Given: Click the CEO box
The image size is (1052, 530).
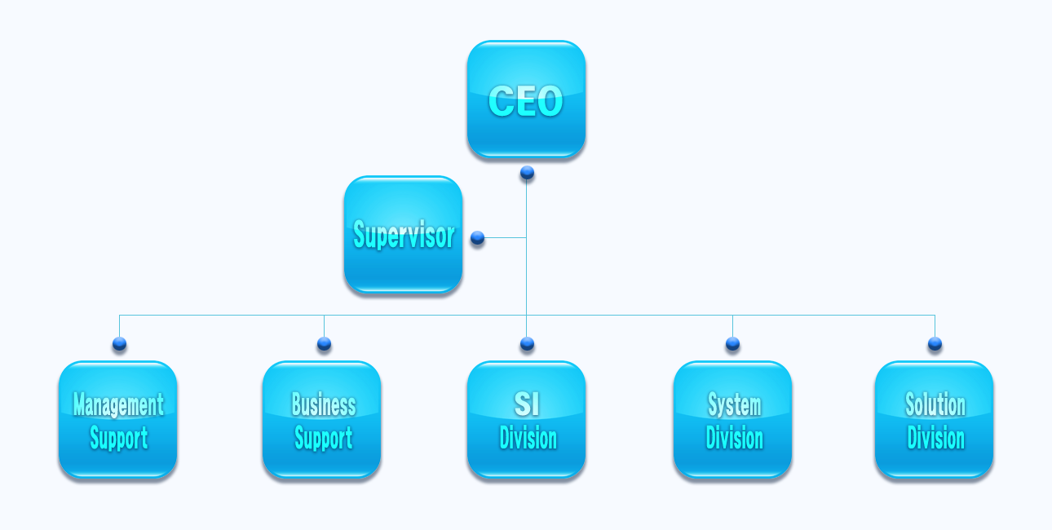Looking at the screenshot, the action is (526, 99).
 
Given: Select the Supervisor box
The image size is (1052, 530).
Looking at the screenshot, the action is (403, 235).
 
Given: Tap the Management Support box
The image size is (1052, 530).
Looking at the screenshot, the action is (118, 420).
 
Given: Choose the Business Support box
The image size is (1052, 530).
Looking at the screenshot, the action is (321, 420).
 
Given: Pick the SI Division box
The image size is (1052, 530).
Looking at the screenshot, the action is (526, 420).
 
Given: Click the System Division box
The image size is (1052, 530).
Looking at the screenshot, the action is (732, 420).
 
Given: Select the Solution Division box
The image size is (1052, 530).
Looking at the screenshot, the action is (934, 420).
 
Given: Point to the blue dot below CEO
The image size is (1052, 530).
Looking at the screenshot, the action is (527, 173).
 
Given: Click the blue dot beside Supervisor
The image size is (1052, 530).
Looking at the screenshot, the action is (477, 237).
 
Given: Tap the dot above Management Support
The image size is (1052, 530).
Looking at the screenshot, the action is (119, 344).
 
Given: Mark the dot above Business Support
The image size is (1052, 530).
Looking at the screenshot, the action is (324, 344).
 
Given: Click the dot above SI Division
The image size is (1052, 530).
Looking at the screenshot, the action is (527, 344).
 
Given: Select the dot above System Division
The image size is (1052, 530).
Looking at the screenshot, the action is (732, 344).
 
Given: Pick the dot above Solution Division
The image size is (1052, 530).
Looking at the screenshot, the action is (935, 344).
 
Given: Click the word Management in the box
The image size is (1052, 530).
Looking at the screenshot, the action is (118, 404).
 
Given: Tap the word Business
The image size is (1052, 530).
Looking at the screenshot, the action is (324, 404).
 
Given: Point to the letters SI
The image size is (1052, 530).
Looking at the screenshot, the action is (527, 404).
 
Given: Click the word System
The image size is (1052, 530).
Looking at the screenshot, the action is (735, 404).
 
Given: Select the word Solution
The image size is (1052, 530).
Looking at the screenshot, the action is (935, 404).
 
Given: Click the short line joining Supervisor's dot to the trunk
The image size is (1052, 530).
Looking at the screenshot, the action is (506, 237).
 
